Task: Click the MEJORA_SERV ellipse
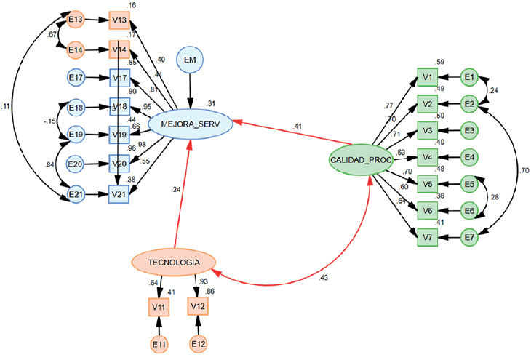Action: point(191,124)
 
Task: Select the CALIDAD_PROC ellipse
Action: point(362,160)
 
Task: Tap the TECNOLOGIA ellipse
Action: point(175,261)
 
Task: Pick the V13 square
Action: point(119,20)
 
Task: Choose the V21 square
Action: point(119,194)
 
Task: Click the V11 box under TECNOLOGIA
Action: point(159,308)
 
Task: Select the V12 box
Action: point(199,308)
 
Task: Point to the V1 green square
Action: point(428,76)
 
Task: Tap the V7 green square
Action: point(428,236)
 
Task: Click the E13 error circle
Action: point(76,20)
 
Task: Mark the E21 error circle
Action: point(76,194)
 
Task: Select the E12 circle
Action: point(199,343)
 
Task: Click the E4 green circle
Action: point(469,156)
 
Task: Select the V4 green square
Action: point(428,156)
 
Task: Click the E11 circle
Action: point(159,343)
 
